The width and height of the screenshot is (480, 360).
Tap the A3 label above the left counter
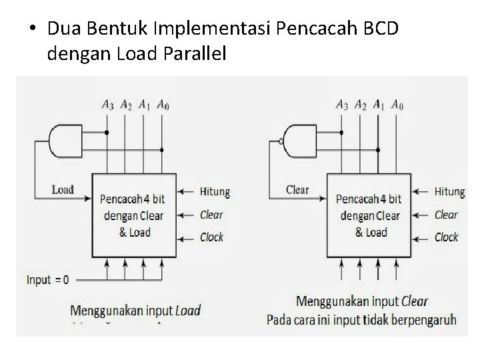(107, 104)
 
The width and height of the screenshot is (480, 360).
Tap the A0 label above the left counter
(162, 104)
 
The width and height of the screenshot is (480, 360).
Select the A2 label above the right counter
(361, 104)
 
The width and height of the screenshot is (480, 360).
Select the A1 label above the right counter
(379, 104)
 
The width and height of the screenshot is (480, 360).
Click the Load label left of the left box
(63, 189)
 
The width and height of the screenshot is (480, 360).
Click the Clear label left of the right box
(297, 189)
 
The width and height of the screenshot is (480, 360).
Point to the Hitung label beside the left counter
(215, 192)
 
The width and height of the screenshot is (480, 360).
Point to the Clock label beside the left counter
(212, 237)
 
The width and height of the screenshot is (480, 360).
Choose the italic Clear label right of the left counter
(211, 215)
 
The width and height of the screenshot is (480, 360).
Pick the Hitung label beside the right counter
(449, 192)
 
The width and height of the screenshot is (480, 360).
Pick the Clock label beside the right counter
(447, 237)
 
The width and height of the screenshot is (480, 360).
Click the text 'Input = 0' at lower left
(47, 279)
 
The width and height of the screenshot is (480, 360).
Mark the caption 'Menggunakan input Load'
(135, 310)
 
